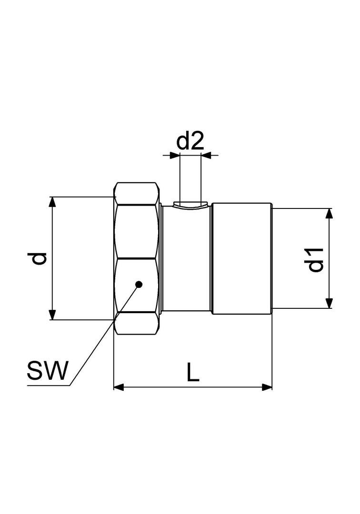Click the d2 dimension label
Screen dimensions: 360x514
190,141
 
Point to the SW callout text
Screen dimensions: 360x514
48,370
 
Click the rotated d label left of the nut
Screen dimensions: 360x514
39,258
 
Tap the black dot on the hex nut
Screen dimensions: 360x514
139,284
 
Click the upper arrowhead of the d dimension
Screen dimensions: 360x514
51,202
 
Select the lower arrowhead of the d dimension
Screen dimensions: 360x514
51,315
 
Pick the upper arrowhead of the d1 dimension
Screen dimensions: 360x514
329,213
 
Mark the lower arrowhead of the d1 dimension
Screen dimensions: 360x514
329,303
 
